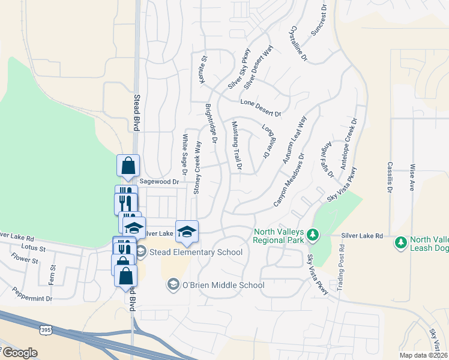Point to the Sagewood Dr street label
pyautogui.click(x=159, y=181)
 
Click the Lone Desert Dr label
pyautogui.click(x=261, y=107)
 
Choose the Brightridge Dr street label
pyautogui.click(x=211, y=123)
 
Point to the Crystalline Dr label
pyautogui.click(x=298, y=44)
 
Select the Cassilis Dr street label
pyautogui.click(x=390, y=177)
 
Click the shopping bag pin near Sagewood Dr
pyautogui.click(x=128, y=166)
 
